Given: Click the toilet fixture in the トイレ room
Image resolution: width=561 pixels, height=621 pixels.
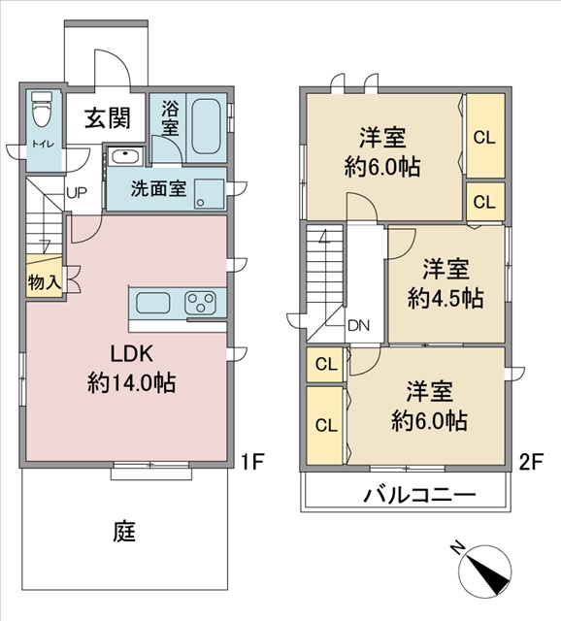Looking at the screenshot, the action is click(x=42, y=109).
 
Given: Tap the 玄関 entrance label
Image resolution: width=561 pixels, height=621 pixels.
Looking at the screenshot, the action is click(x=108, y=118).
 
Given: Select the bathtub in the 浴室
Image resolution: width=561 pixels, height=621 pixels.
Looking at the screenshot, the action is click(x=206, y=126).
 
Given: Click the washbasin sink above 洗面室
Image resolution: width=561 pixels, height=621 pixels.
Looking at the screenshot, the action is click(x=125, y=156).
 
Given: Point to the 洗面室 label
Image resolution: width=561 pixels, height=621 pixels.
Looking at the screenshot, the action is click(x=158, y=188).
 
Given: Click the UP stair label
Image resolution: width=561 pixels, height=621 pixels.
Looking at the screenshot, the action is click(x=77, y=193).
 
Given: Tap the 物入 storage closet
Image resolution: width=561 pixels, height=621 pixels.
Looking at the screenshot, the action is click(x=45, y=277).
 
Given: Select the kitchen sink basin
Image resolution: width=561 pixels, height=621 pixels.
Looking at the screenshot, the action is click(x=153, y=303).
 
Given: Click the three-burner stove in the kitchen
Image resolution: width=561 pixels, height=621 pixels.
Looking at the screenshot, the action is click(x=200, y=303).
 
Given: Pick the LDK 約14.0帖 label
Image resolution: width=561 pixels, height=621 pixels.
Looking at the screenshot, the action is click(x=132, y=369).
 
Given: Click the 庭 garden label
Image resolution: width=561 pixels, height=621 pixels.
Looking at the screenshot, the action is click(x=124, y=532).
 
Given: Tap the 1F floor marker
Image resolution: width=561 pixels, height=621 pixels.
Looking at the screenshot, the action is click(x=252, y=462).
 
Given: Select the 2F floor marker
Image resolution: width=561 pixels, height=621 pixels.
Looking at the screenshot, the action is click(x=531, y=462).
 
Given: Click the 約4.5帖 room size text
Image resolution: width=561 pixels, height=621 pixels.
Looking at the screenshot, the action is click(x=446, y=298).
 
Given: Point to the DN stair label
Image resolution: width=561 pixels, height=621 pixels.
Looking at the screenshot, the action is click(x=358, y=326).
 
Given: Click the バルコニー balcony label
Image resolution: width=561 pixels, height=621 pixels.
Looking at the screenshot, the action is click(x=419, y=495).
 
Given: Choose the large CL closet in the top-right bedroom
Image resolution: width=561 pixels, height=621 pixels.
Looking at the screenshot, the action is click(x=485, y=136).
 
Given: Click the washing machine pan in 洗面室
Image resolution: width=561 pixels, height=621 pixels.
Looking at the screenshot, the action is click(x=210, y=194).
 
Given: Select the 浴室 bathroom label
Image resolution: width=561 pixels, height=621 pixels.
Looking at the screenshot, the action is click(x=170, y=118).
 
